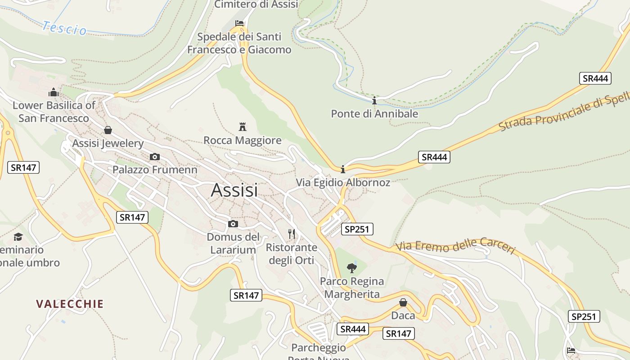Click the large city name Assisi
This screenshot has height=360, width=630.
click(x=234, y=190)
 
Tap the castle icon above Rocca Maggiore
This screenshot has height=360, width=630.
click(x=243, y=126)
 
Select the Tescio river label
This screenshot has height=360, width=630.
click(x=64, y=28)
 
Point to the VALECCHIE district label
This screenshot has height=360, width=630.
click(x=70, y=304)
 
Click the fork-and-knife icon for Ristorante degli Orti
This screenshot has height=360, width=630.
click(x=292, y=234)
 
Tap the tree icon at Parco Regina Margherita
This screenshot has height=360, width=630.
click(x=352, y=268)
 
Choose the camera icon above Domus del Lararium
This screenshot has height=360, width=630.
click(x=233, y=224)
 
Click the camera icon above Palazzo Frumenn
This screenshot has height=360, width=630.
click(x=155, y=157)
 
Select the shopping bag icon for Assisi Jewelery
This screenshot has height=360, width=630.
click(x=108, y=130)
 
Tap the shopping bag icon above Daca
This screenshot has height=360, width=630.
click(x=403, y=302)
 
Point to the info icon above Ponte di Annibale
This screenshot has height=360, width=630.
click(x=374, y=100)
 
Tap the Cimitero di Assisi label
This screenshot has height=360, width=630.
click(x=256, y=4)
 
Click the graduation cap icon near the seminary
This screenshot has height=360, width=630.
click(x=18, y=237)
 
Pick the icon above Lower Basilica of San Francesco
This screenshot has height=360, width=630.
click(x=54, y=92)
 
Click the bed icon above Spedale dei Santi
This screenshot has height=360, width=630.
click(x=239, y=23)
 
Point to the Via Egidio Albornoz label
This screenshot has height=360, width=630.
click(x=343, y=183)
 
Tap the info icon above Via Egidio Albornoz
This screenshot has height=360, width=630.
click(x=343, y=169)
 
